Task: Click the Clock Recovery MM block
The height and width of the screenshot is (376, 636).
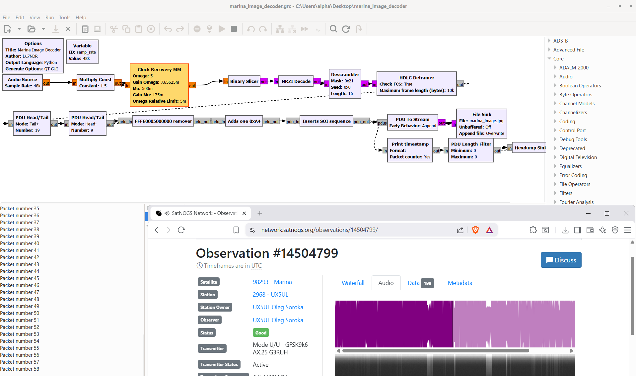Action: (x=159, y=85)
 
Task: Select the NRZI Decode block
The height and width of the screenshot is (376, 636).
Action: (x=296, y=81)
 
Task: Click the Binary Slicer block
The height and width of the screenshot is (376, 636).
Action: (x=244, y=81)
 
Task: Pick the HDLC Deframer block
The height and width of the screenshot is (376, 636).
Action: (x=417, y=84)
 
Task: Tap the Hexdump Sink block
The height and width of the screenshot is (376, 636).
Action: (x=530, y=148)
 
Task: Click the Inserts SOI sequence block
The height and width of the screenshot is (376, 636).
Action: (x=326, y=121)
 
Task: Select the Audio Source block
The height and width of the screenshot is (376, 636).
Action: (x=23, y=82)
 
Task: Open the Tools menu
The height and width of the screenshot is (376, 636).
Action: (x=65, y=18)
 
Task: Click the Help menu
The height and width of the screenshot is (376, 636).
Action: (x=81, y=18)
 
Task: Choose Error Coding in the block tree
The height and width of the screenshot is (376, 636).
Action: (x=573, y=175)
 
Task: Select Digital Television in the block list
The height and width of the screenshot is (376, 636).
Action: (x=578, y=157)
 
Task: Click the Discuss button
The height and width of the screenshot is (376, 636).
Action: (x=561, y=260)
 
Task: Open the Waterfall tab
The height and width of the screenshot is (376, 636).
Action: (x=353, y=283)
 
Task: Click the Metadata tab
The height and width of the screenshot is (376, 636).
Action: (x=460, y=283)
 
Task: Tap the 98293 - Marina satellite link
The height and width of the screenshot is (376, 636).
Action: (x=272, y=282)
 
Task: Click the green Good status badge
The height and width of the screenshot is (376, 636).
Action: (x=261, y=333)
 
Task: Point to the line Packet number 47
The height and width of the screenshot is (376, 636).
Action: (x=20, y=292)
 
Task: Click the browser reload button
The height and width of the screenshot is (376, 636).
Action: (x=181, y=230)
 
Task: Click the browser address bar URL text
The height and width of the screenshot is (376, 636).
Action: (x=319, y=230)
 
